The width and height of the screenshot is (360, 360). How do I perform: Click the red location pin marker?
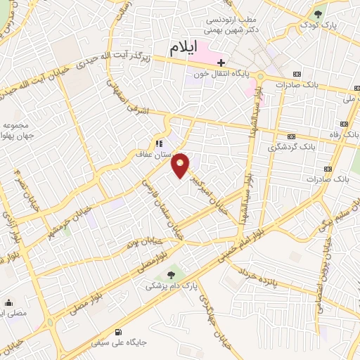(x=181, y=165)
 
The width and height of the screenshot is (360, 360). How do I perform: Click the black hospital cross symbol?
(x=221, y=63)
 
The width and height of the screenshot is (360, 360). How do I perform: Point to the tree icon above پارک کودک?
(x=319, y=13)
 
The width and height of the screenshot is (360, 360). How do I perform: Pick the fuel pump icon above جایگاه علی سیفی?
(x=117, y=332)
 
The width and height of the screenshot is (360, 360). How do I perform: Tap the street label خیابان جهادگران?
(x=207, y=309)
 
